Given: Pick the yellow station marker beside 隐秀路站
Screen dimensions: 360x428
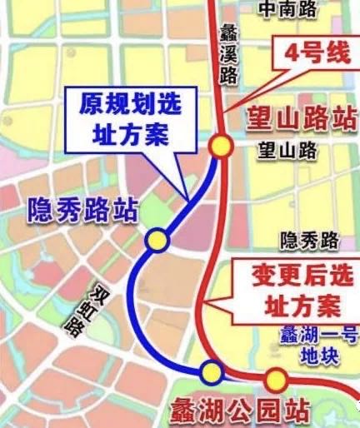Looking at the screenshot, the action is point(157,241).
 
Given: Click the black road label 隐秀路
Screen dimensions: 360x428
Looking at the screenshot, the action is point(310,241).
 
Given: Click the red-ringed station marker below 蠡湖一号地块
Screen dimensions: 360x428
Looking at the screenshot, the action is point(277,380).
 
